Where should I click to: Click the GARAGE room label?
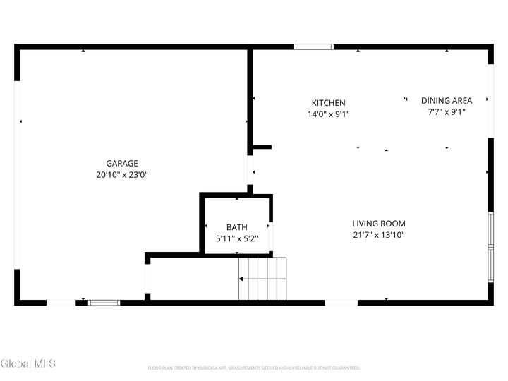click(x=122, y=163)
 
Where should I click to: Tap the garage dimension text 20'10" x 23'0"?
click(x=122, y=174)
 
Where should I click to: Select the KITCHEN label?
click(x=329, y=103)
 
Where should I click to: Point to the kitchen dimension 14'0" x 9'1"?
click(x=329, y=114)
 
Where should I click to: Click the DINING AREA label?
click(x=447, y=100)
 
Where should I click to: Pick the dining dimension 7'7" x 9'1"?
click(x=447, y=111)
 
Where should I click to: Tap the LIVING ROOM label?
click(x=379, y=224)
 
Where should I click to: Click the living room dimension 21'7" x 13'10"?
click(x=379, y=235)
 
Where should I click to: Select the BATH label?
click(x=236, y=227)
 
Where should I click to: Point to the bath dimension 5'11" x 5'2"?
click(x=236, y=238)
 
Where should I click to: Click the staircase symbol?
click(x=262, y=279)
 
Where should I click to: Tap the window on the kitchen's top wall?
click(x=313, y=47)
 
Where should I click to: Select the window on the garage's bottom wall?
click(x=104, y=303)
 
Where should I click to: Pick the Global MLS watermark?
click(x=28, y=364)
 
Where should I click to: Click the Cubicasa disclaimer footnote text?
click(x=254, y=368)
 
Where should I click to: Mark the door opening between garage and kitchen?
click(x=250, y=170)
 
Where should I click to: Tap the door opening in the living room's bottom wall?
click(x=341, y=303)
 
